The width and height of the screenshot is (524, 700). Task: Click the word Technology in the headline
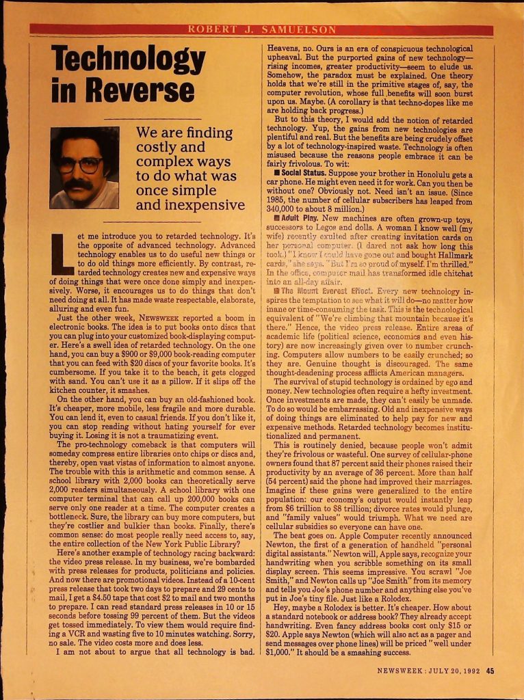(x=129, y=59)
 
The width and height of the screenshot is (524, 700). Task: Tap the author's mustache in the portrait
(x=78, y=184)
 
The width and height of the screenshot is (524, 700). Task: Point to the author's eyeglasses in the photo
(x=80, y=165)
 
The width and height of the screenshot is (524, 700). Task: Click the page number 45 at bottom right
(x=490, y=671)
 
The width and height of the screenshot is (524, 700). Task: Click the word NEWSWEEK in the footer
(x=402, y=671)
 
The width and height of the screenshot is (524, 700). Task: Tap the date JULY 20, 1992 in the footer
(x=454, y=671)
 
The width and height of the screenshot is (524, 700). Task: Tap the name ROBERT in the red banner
(x=213, y=30)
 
